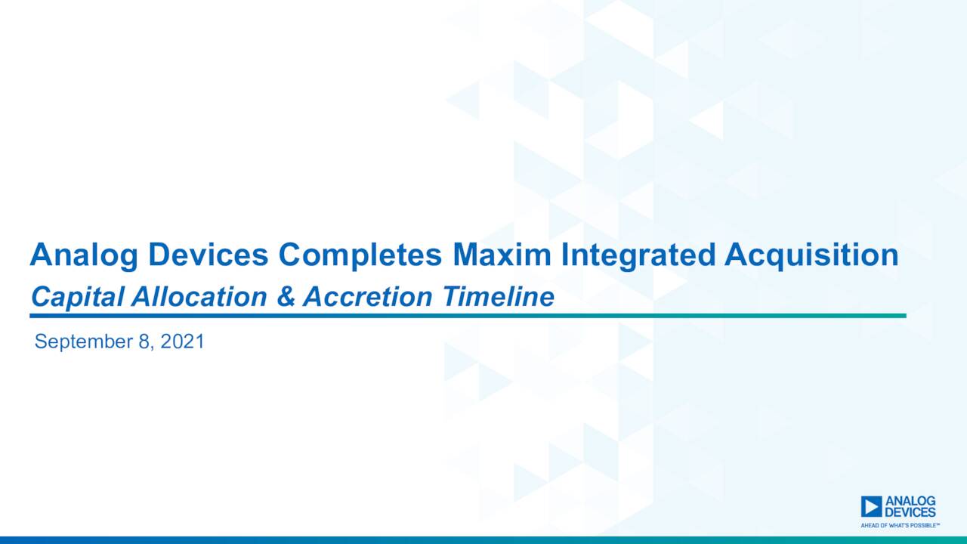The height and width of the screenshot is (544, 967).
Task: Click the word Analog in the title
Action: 84,256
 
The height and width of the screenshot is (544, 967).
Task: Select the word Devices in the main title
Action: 208,255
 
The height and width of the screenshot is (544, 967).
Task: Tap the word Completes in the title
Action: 360,256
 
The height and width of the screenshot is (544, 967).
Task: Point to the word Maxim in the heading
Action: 502,255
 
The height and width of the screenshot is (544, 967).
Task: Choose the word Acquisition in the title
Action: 811,256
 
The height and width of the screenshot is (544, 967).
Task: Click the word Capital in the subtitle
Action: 78,298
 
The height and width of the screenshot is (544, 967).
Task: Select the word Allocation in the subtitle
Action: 199,297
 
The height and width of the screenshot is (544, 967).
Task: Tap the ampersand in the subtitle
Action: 285,297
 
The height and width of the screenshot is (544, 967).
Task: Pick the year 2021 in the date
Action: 182,342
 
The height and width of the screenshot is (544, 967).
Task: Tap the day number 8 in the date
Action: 144,342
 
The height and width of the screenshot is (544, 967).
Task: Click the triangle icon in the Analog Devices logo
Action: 871,506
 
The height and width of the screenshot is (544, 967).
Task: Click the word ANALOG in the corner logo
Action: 910,501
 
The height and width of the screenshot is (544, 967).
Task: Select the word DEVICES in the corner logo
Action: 910,512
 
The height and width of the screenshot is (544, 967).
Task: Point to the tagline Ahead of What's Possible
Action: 900,524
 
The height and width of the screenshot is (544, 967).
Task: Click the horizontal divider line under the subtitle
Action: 468,315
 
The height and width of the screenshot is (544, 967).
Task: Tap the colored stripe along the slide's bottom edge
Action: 483,540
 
